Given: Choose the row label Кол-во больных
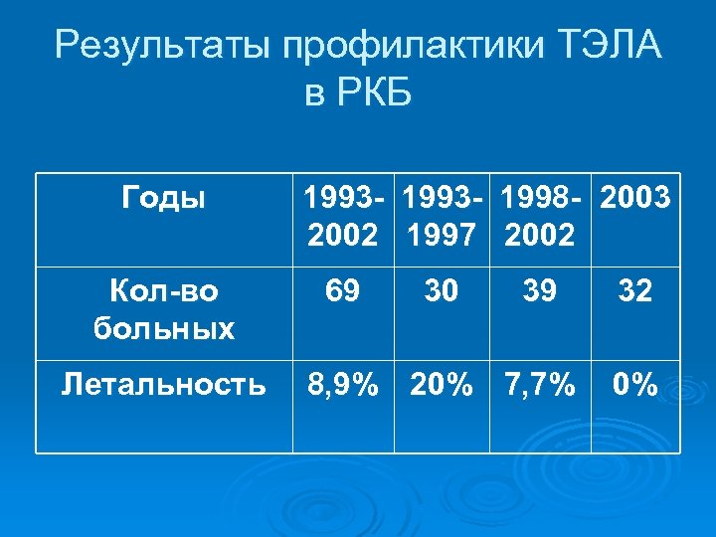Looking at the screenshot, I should [x=163, y=309].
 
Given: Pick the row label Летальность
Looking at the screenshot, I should [x=163, y=384].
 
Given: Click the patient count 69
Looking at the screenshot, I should [x=342, y=291].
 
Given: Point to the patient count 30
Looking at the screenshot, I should [x=442, y=291].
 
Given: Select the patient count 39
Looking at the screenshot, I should [x=540, y=291].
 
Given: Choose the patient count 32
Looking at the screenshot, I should [x=633, y=291].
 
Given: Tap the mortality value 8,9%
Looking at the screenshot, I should [x=342, y=385].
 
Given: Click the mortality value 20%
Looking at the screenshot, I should [x=442, y=385].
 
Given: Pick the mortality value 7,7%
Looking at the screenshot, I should [x=540, y=385].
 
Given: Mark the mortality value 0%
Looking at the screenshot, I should [x=633, y=385].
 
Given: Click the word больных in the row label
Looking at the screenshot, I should [x=163, y=327].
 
